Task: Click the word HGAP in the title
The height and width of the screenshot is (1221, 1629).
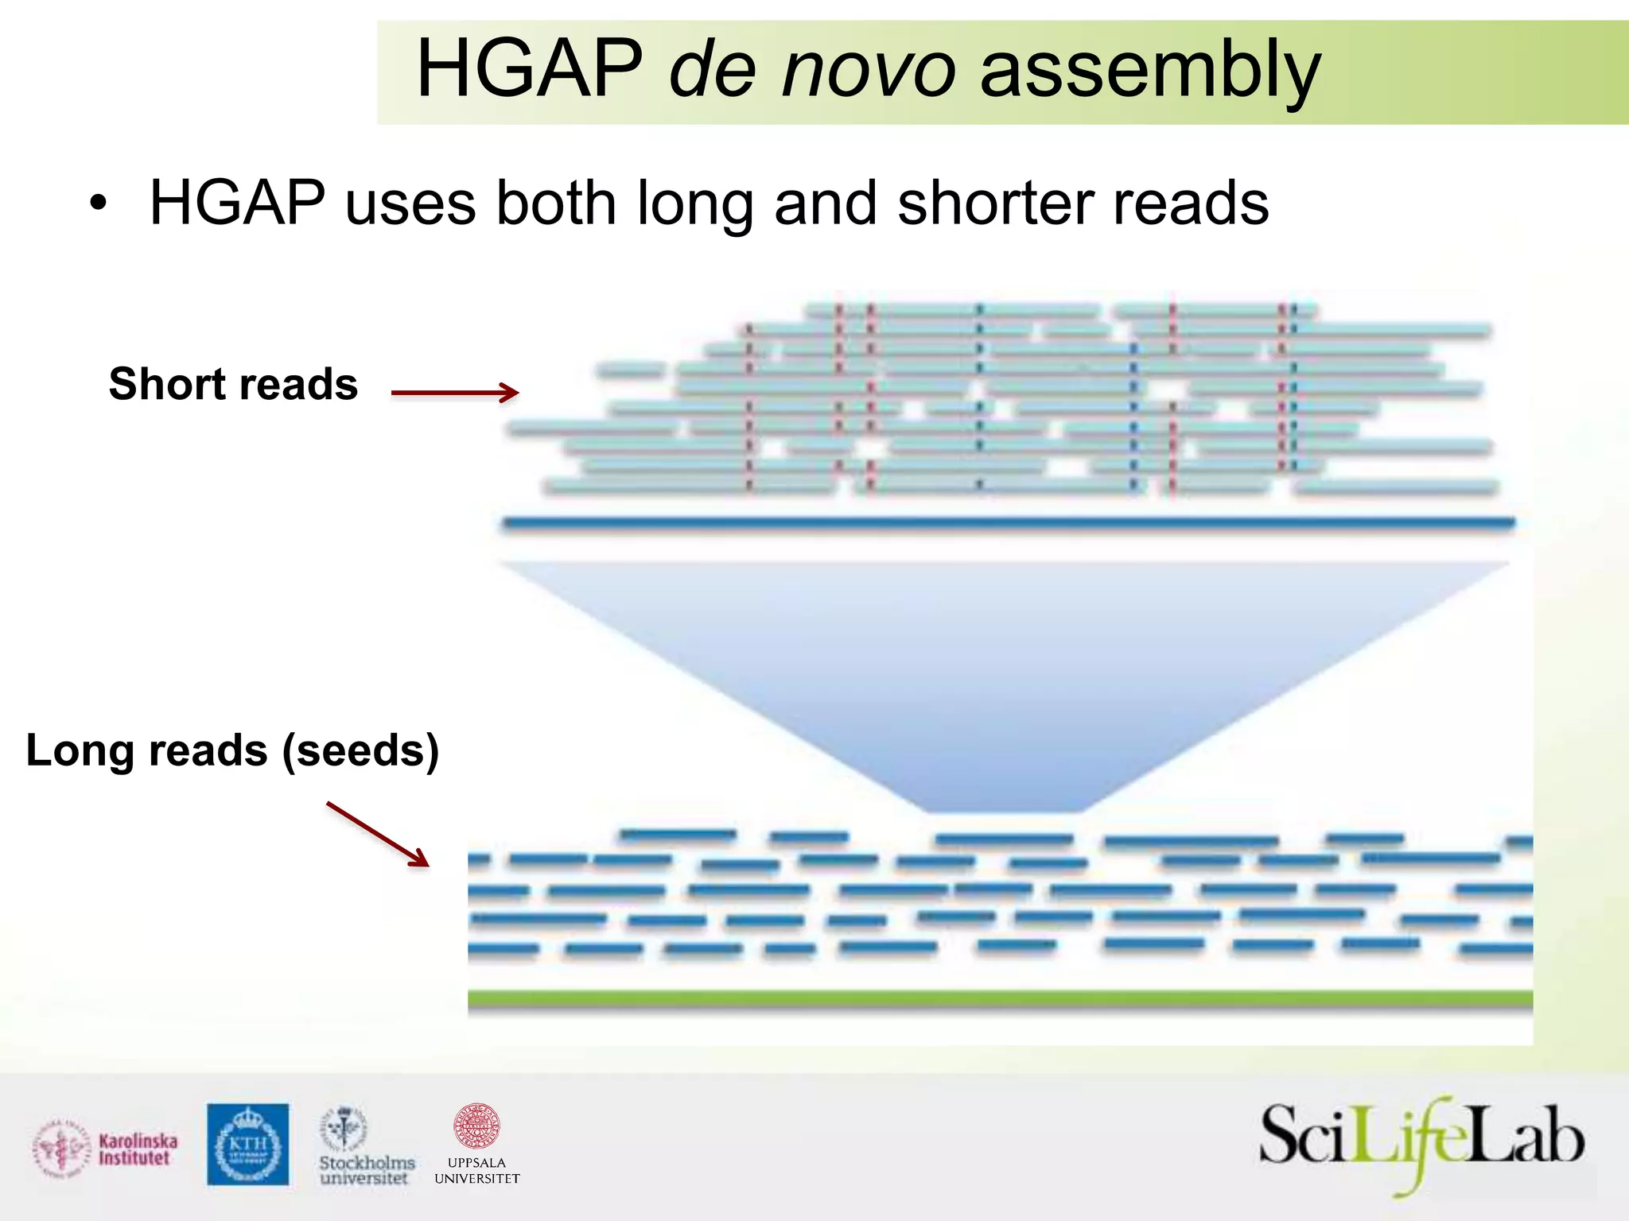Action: tap(529, 70)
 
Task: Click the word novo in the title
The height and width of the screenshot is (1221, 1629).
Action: tap(869, 70)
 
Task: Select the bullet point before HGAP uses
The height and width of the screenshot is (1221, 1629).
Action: tap(98, 203)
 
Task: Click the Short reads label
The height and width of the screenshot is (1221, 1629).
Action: tap(233, 385)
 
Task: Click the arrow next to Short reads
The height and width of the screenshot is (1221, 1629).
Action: tap(455, 392)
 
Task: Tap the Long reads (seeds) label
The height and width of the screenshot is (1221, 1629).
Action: tap(232, 750)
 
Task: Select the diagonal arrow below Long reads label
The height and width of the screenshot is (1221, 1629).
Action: tap(378, 834)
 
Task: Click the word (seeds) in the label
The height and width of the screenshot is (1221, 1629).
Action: tap(360, 750)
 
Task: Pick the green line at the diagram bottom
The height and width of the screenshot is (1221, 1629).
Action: tap(1000, 999)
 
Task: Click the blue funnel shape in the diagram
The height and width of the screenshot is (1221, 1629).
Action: tap(1004, 676)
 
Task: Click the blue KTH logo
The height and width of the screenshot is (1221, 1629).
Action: tap(248, 1145)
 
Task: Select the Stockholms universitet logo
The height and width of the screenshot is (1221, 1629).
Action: tap(365, 1146)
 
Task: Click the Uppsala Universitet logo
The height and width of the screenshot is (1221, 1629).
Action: tap(476, 1145)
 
